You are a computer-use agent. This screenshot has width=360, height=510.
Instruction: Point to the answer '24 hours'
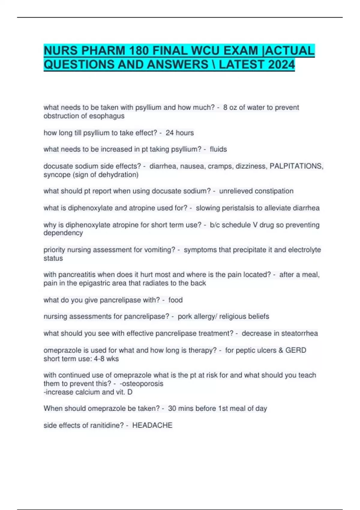(180, 133)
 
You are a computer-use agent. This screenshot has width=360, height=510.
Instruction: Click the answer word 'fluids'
(218, 149)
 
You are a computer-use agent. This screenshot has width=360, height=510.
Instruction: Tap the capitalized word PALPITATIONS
(296, 166)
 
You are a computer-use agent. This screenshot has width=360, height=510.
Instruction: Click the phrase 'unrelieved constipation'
(256, 191)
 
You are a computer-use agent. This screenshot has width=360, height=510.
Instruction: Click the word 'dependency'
(63, 233)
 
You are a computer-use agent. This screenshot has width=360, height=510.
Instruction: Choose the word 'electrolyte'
(304, 250)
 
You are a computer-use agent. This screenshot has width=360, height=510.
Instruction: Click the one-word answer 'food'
(175, 300)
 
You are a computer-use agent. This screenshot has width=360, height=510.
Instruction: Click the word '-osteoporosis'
(141, 384)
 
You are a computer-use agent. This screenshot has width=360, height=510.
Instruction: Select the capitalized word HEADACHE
(152, 425)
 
